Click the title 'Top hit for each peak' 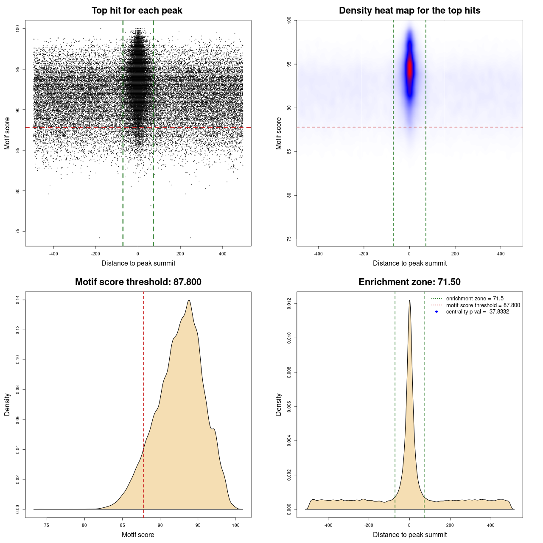137,11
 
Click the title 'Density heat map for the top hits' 409,11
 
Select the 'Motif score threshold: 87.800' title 138,282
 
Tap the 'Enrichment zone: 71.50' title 409,282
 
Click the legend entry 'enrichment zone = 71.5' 475,299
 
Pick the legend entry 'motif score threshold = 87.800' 483,305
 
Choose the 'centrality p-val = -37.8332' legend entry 477,312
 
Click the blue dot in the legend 437,312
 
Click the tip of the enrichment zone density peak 409,300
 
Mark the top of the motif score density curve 189,300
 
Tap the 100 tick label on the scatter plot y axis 18,28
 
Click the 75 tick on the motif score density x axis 47,525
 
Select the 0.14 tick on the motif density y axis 18,300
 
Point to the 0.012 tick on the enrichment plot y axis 289,304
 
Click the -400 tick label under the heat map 318,254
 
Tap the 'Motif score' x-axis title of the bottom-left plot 138,535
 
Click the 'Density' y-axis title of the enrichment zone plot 279,404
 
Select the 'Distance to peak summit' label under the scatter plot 138,263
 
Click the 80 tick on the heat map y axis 289,195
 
